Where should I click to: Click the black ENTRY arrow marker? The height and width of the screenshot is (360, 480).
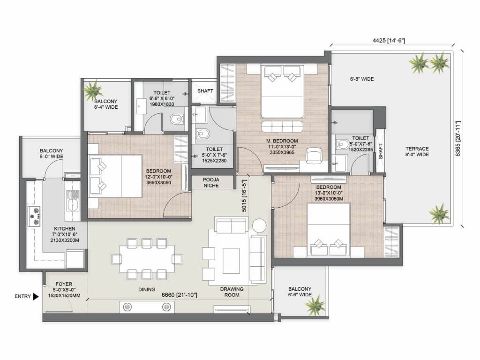36,296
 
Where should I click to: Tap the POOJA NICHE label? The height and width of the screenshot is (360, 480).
211,182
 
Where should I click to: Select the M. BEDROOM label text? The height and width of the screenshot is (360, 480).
282,141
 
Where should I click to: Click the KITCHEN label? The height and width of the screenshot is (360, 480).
65,229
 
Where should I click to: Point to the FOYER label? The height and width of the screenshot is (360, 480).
64,284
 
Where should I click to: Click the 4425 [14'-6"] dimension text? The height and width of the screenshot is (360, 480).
389,40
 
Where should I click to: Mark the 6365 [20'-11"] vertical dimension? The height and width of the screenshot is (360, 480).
458,139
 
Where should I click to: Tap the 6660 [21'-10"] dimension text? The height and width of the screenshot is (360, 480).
180,295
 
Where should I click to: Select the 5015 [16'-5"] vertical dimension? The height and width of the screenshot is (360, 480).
244,195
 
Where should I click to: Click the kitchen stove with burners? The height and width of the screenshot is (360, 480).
34,216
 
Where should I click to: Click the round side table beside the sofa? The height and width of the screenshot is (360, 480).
260,226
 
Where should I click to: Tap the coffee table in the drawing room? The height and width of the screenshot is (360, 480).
231,261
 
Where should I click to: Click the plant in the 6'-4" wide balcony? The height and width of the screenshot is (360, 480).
93,90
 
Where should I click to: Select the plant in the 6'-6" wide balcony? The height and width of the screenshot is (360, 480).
315,304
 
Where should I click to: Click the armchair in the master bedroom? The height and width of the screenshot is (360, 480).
314,155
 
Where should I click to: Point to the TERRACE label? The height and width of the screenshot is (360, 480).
417,149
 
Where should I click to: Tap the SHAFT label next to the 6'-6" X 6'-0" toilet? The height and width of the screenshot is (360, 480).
205,91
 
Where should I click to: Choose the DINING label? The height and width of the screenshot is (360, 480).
147,289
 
